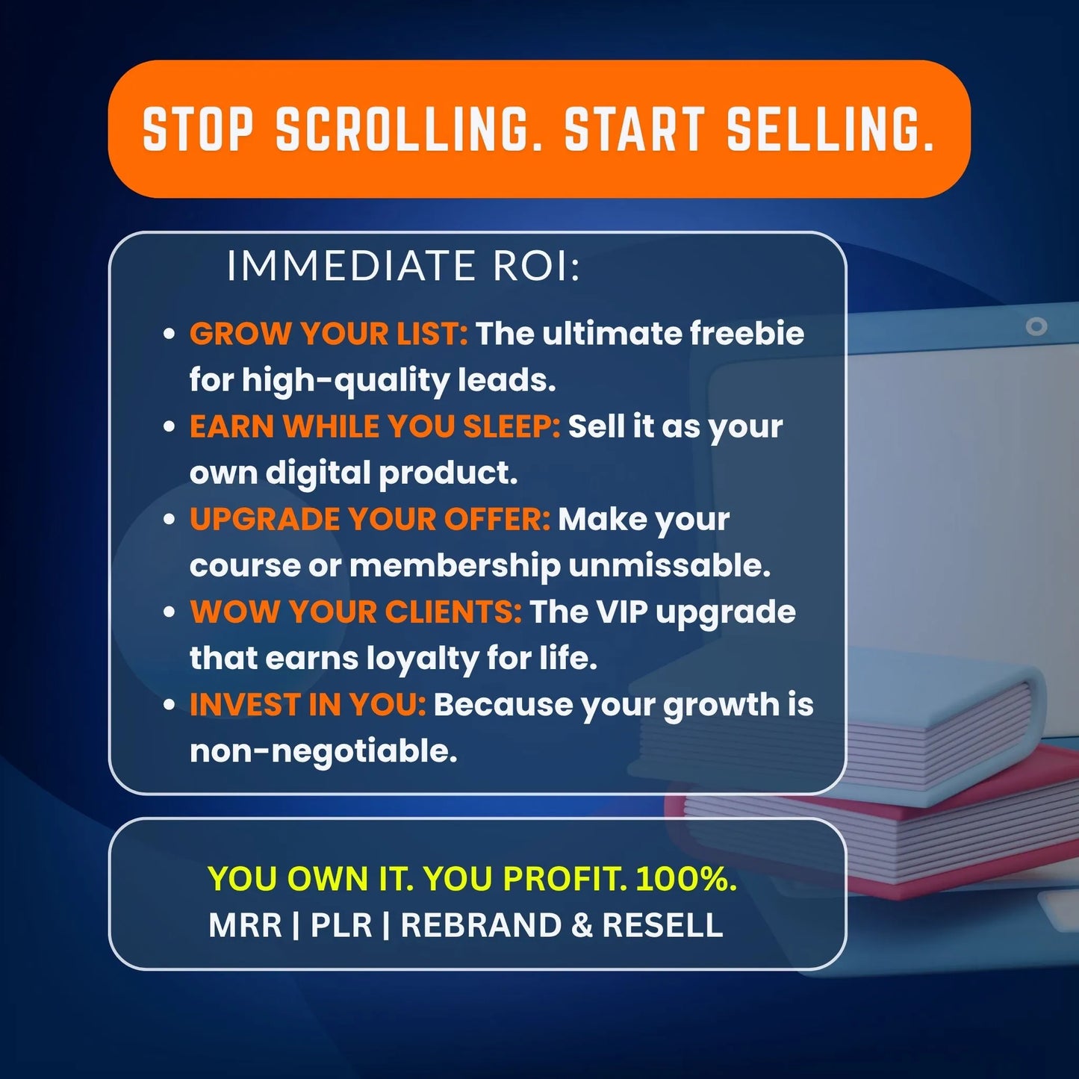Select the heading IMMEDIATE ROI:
(x=403, y=266)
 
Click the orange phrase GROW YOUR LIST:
(x=329, y=334)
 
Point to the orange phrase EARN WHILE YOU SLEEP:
(x=374, y=426)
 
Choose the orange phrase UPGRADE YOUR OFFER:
(x=370, y=519)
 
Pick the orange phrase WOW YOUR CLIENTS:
(x=355, y=612)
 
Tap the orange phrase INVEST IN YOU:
(x=308, y=704)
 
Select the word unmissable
(x=669, y=565)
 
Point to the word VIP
(x=621, y=612)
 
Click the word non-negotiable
(x=323, y=750)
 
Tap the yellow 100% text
(x=685, y=879)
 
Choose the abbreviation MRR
(x=245, y=925)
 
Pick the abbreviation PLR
(x=341, y=925)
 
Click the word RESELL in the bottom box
(x=662, y=925)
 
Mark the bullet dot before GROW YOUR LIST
(x=170, y=334)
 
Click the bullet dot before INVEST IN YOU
(x=170, y=704)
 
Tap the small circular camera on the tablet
(x=1036, y=326)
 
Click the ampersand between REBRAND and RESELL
(x=582, y=925)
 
